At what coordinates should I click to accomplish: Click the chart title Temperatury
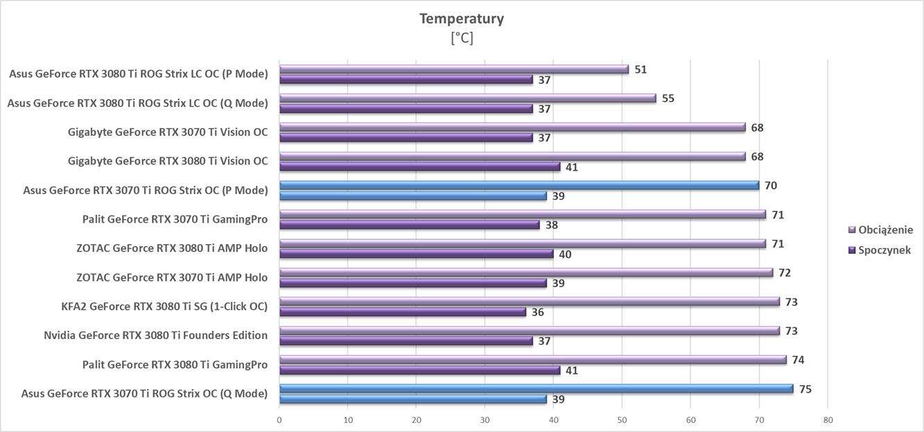[x=461, y=19]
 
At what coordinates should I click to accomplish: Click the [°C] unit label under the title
[x=462, y=38]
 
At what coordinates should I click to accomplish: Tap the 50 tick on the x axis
[x=622, y=420]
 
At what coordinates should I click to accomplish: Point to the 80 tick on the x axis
[x=828, y=420]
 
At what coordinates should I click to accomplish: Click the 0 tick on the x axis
[x=279, y=420]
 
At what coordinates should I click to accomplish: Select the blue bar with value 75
[x=536, y=389]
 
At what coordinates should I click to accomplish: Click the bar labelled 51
[x=453, y=69]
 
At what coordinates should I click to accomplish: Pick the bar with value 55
[x=467, y=98]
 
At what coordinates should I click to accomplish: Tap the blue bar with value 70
[x=518, y=185]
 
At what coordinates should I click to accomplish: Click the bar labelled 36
[x=402, y=312]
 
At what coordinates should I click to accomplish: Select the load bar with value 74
[x=532, y=360]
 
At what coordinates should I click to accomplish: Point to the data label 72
[x=785, y=273]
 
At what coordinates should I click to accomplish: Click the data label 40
[x=565, y=254]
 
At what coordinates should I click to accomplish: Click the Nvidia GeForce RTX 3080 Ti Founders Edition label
[x=155, y=336]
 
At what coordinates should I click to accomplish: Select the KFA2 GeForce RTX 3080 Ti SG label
[x=164, y=306]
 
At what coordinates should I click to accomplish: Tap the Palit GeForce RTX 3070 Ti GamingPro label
[x=175, y=220]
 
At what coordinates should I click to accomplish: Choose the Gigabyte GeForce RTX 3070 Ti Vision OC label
[x=168, y=132]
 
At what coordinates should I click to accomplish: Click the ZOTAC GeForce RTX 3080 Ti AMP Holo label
[x=172, y=248]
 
